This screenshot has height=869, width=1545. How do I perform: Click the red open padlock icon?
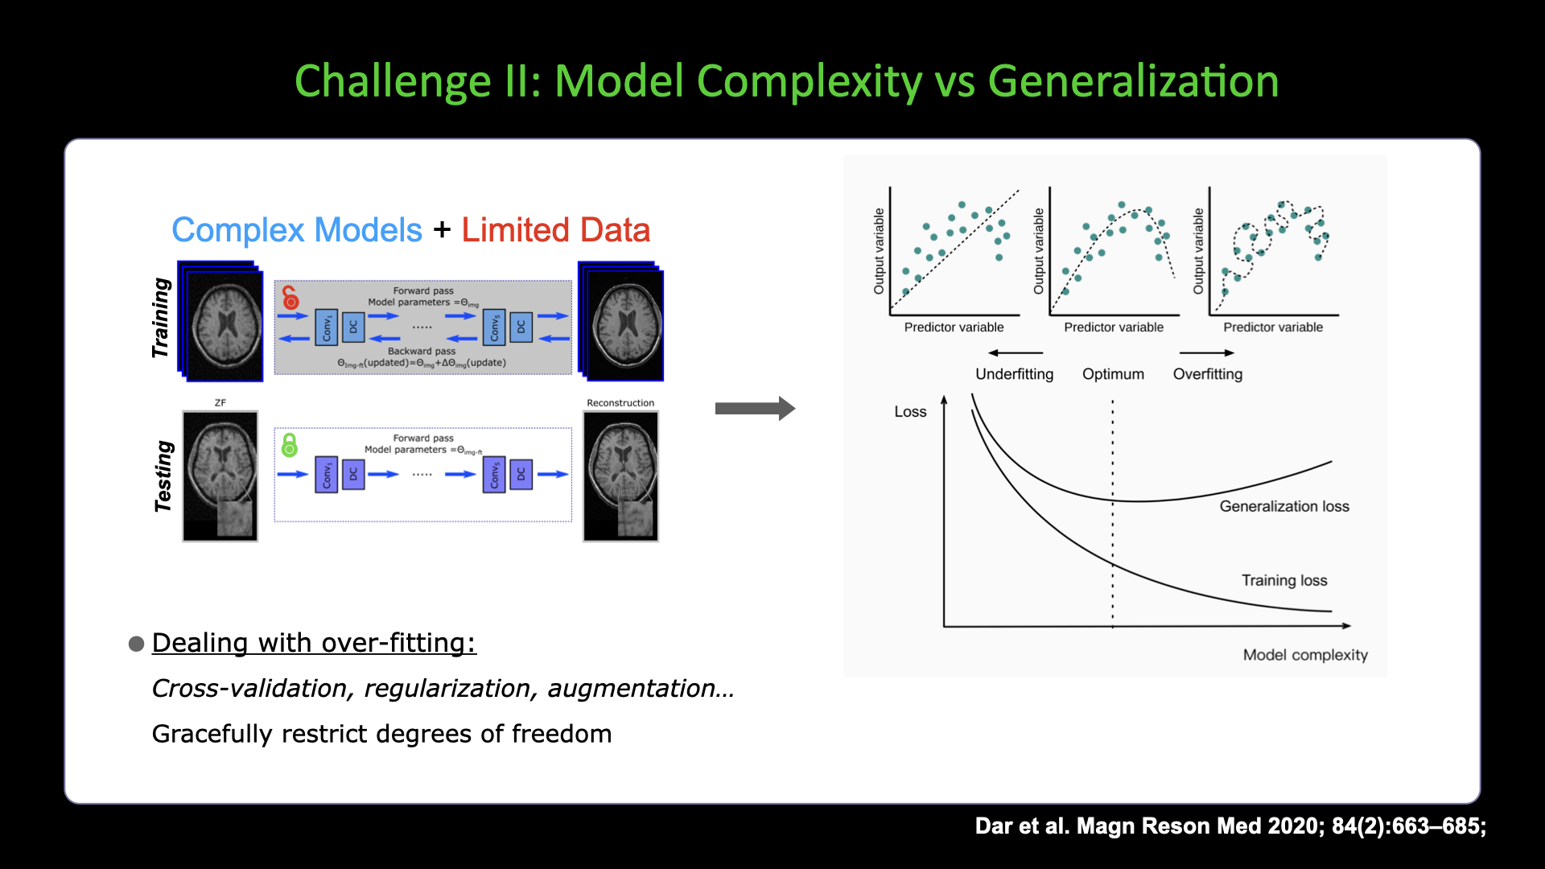click(x=290, y=298)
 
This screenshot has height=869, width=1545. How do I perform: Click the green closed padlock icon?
click(x=290, y=445)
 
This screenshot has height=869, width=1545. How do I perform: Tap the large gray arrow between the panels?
click(x=754, y=409)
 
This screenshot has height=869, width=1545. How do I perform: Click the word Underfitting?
click(x=1014, y=374)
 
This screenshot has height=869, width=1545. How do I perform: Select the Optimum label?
click(x=1113, y=374)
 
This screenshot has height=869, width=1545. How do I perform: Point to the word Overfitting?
click(x=1207, y=374)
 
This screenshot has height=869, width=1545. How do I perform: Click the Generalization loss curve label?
click(x=1283, y=506)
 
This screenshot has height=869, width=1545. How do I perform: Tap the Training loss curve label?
click(x=1283, y=580)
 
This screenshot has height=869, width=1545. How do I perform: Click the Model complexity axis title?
click(x=1304, y=655)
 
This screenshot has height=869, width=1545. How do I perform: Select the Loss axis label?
click(x=910, y=412)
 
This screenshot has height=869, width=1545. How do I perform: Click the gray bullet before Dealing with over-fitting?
click(x=137, y=644)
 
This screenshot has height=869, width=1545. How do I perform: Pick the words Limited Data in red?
click(x=555, y=230)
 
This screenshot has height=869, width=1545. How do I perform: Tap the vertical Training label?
click(x=162, y=318)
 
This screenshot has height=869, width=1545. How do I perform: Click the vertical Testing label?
click(x=163, y=476)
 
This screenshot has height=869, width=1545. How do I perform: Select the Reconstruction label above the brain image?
click(x=620, y=403)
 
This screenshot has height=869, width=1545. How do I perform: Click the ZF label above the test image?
click(x=220, y=403)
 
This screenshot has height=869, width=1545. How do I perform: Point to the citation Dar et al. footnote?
click(x=1230, y=826)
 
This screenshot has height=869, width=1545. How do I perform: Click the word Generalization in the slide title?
click(x=1133, y=81)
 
